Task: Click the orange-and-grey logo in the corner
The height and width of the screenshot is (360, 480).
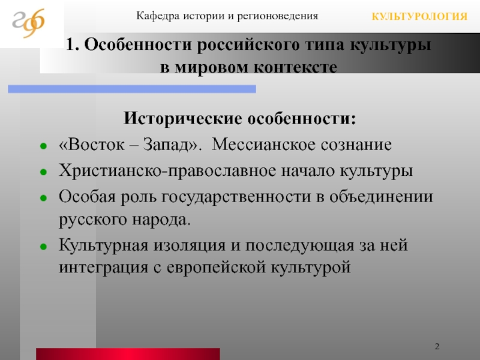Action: (x=28, y=23)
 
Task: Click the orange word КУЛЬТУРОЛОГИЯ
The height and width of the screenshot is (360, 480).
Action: (x=419, y=17)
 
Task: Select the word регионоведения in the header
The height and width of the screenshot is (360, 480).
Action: (x=278, y=16)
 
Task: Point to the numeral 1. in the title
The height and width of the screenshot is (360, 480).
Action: (x=73, y=44)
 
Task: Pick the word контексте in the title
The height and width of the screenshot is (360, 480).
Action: (x=296, y=67)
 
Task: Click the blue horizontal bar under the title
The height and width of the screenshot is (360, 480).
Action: (x=132, y=89)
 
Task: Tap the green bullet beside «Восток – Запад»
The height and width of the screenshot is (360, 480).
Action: (x=43, y=146)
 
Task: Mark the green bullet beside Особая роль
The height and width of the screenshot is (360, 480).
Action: (x=43, y=198)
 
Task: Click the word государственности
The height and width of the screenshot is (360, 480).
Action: (x=236, y=197)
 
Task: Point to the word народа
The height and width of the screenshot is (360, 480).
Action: (x=161, y=220)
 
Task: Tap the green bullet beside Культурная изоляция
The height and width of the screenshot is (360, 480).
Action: (x=43, y=247)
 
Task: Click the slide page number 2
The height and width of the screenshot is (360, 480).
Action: (x=437, y=346)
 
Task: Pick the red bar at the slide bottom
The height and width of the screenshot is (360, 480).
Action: (x=128, y=354)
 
